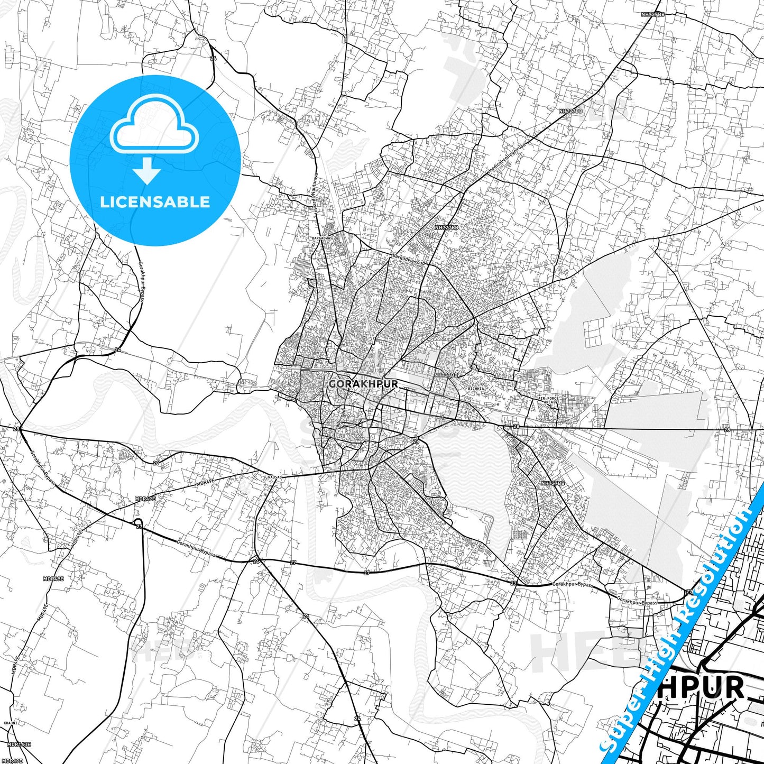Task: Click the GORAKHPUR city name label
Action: click(x=363, y=384)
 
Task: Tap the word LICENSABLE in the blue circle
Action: click(x=155, y=202)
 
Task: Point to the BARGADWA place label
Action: click(x=321, y=238)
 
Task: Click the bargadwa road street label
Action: click(x=408, y=259)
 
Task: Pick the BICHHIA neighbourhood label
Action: click(x=476, y=389)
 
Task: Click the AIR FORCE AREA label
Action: click(x=548, y=400)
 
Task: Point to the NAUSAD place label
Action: click(x=275, y=477)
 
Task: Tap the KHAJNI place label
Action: click(x=10, y=723)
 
